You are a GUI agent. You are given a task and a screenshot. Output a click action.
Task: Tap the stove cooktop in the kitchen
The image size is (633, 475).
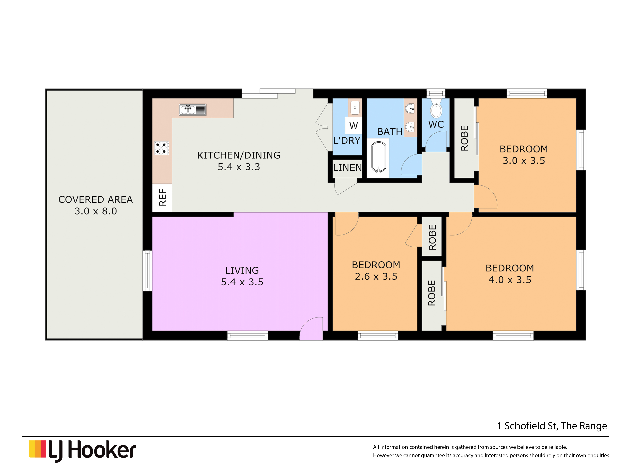[162, 148]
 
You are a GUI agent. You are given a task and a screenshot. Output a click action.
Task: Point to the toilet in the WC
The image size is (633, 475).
[436, 109]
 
